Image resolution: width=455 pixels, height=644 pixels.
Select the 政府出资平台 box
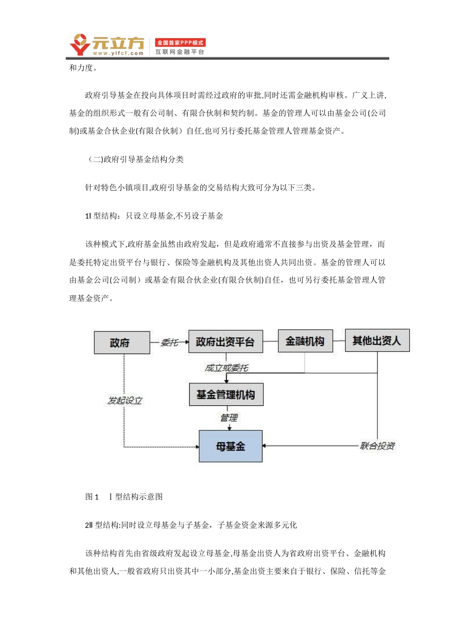tap(225, 342)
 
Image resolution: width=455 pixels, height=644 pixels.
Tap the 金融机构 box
tap(305, 341)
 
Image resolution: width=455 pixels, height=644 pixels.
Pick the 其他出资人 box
tap(377, 340)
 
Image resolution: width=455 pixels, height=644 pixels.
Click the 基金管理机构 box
tap(226, 394)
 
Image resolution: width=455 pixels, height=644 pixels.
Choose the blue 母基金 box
tap(230, 446)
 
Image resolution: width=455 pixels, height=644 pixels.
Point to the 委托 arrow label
tap(170, 342)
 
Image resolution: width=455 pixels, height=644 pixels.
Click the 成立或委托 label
tap(226, 368)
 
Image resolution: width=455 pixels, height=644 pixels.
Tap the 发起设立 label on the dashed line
tap(125, 400)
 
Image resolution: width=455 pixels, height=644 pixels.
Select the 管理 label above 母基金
tap(229, 418)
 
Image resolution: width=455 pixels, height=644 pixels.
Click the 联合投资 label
tap(377, 446)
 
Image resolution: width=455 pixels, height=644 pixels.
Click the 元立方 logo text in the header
tap(118, 43)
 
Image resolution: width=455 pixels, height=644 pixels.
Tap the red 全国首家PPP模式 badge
tap(180, 43)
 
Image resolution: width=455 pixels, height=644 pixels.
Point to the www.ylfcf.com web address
tap(118, 53)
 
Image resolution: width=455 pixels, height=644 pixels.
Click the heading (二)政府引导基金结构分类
tap(136, 159)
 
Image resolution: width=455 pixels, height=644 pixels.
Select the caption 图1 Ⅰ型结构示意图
tap(124, 496)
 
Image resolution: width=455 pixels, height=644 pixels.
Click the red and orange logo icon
tap(80, 45)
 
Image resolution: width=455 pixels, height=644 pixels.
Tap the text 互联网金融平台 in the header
tap(180, 52)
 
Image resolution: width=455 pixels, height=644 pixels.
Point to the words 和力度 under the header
tap(82, 68)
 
